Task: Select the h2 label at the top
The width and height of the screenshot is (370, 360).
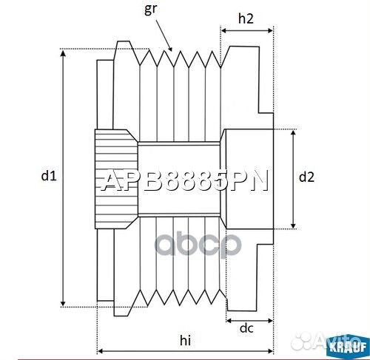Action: click(247, 21)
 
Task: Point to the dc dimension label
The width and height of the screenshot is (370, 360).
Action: click(247, 328)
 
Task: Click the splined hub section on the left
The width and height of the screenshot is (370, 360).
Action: click(115, 177)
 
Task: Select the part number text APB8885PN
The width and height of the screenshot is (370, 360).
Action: click(184, 181)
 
